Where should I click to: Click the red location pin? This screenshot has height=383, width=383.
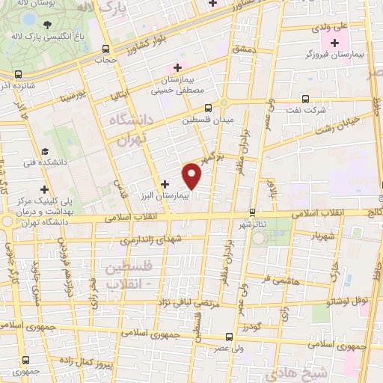[x=193, y=176]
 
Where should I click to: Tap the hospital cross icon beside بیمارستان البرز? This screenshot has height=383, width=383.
[x=165, y=183]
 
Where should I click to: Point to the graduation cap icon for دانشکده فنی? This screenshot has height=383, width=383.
[x=46, y=149]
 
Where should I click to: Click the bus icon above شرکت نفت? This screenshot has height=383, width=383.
[x=304, y=98]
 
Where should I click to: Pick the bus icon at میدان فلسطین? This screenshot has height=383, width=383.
[x=187, y=107]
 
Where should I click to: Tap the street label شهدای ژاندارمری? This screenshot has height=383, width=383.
[x=150, y=242]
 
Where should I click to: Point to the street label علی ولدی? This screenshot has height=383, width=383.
[x=332, y=27]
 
